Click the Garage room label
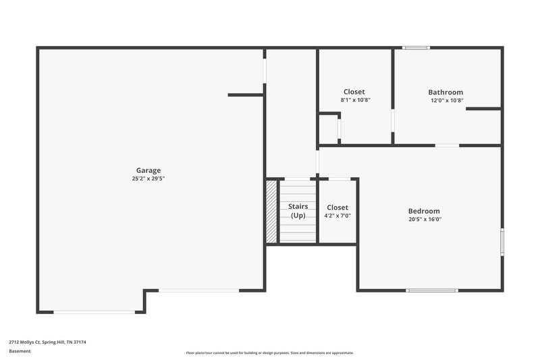pos(148,170)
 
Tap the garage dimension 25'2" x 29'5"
pos(148,179)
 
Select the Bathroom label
pos(446,92)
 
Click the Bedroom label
pos(424,211)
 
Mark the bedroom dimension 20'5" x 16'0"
pos(424,219)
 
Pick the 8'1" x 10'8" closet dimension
pos(355,100)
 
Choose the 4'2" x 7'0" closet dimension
pos(337,216)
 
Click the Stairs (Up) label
pos(298,211)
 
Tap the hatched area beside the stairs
pos(272,210)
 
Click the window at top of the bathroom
pos(416,47)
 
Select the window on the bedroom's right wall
pos(502,242)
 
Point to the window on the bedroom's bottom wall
pos(431,290)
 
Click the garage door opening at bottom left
pos(94,312)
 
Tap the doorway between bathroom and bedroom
pos(447,145)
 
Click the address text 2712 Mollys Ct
pos(47,342)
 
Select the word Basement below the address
pos(20,351)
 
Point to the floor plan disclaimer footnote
pos(269,353)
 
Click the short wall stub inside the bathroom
pos(483,108)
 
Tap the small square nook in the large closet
pos(329,128)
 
